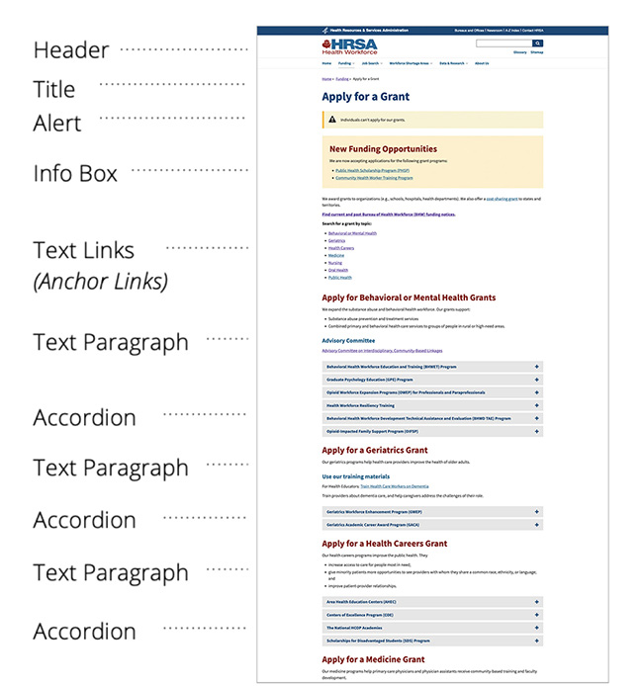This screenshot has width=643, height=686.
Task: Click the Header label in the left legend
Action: coord(71,49)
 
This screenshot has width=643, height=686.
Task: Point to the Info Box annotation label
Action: coord(75,174)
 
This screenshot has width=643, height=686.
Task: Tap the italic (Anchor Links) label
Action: coord(100,282)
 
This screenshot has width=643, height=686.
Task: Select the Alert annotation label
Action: coord(57,125)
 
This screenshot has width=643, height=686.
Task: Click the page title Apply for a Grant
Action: coord(365,97)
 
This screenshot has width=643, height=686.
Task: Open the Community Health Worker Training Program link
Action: coord(374,178)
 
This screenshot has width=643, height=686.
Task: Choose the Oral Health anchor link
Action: coord(339,270)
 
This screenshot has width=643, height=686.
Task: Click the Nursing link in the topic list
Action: coord(335,263)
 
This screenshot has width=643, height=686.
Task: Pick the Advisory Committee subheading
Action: coord(348,340)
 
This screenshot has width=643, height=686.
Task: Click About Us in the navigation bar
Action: coord(481,63)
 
